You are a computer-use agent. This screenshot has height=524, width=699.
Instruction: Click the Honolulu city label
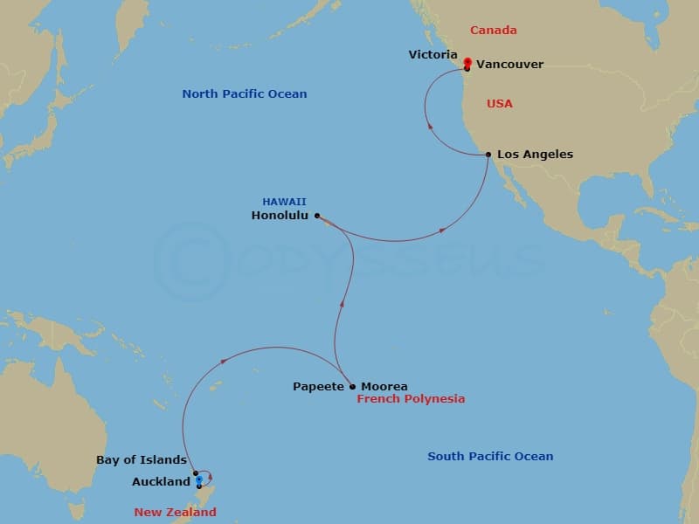tap(280, 216)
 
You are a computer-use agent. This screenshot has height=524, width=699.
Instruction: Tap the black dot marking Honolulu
tap(317, 215)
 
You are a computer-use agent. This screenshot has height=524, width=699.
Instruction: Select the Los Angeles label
tap(535, 155)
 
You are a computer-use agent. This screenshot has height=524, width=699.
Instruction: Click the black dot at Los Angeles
tap(488, 155)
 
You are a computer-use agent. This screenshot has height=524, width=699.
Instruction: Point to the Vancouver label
tap(510, 65)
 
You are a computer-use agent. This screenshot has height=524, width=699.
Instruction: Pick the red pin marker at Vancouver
tap(467, 62)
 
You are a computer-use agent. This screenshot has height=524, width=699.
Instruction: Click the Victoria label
tap(433, 55)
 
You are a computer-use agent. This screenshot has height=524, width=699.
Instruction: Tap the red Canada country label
tap(493, 31)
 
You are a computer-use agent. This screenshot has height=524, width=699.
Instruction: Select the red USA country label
tap(499, 104)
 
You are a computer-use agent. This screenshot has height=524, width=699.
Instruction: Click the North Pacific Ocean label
tap(244, 94)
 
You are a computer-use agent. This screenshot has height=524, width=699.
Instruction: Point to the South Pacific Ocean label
tap(489, 457)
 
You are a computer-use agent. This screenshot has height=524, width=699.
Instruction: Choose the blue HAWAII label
tap(284, 202)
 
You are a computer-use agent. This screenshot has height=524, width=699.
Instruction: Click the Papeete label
tap(318, 387)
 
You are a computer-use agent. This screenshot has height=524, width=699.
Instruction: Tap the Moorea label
tap(384, 387)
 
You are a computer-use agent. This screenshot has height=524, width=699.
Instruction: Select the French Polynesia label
tap(411, 399)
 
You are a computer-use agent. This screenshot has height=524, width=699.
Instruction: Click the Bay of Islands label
tap(142, 460)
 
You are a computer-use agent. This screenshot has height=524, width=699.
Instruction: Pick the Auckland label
tap(161, 482)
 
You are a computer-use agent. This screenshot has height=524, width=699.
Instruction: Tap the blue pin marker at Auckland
tap(199, 479)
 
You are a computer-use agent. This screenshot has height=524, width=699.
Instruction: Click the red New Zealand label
tap(175, 513)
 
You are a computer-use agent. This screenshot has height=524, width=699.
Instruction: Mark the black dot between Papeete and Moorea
tap(351, 386)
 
